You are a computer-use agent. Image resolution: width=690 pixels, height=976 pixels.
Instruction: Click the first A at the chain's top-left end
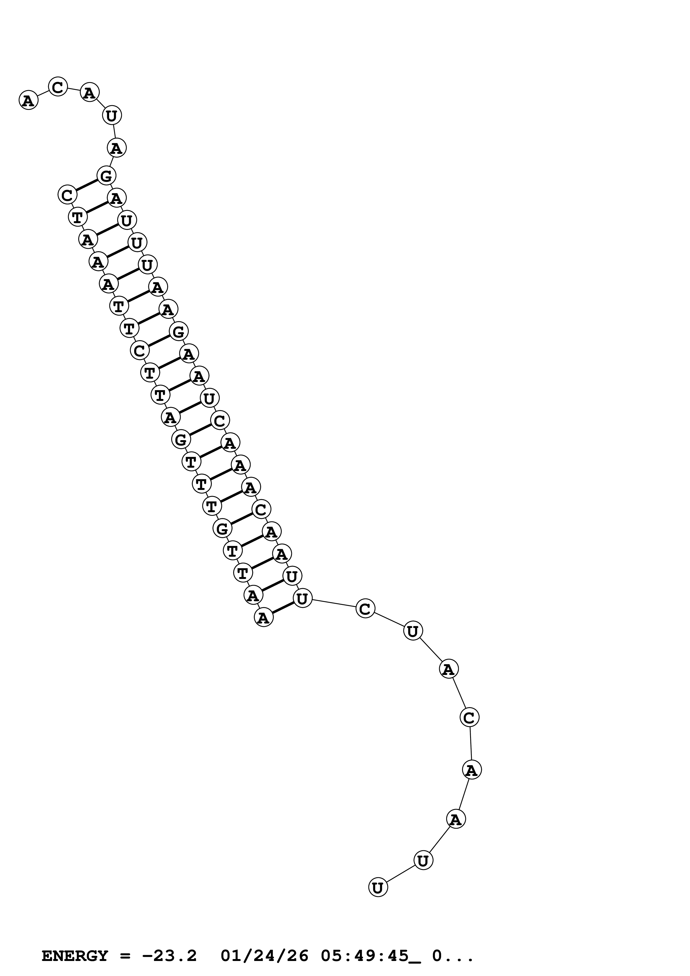click(x=28, y=101)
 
